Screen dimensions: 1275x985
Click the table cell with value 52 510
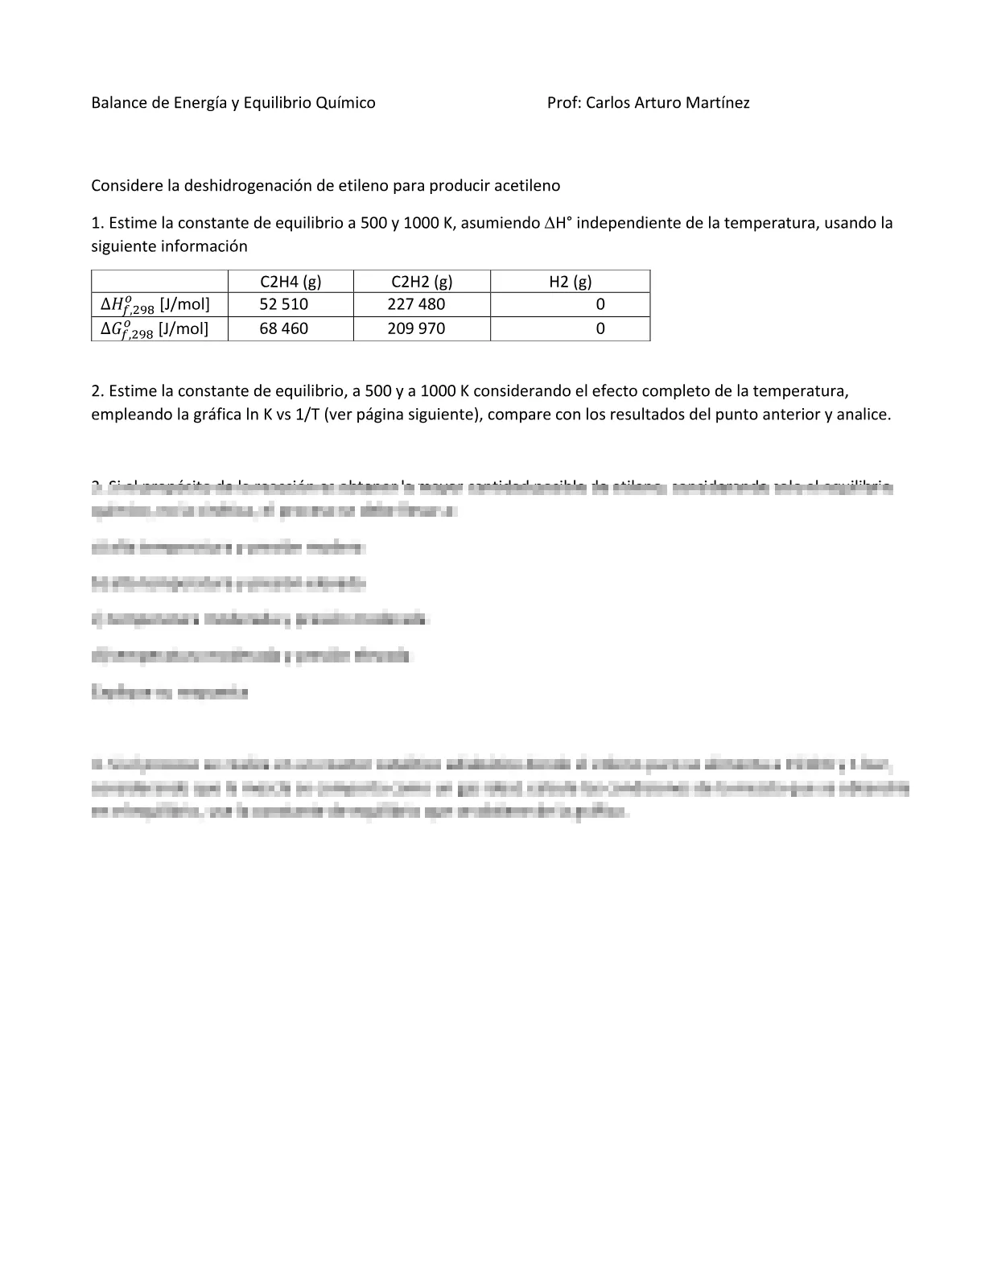(283, 304)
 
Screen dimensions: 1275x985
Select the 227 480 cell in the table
(416, 304)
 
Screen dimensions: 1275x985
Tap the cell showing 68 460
(283, 328)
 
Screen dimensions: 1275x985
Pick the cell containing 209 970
(416, 328)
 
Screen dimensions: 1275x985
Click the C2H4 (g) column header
(291, 281)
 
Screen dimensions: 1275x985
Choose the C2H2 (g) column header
(422, 281)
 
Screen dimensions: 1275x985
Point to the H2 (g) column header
(570, 281)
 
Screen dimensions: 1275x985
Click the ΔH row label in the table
(155, 305)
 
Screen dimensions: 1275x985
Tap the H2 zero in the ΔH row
(600, 304)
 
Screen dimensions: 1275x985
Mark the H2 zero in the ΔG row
(600, 328)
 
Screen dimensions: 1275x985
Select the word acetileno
(524, 185)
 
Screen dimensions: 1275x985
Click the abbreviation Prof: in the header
(564, 102)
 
